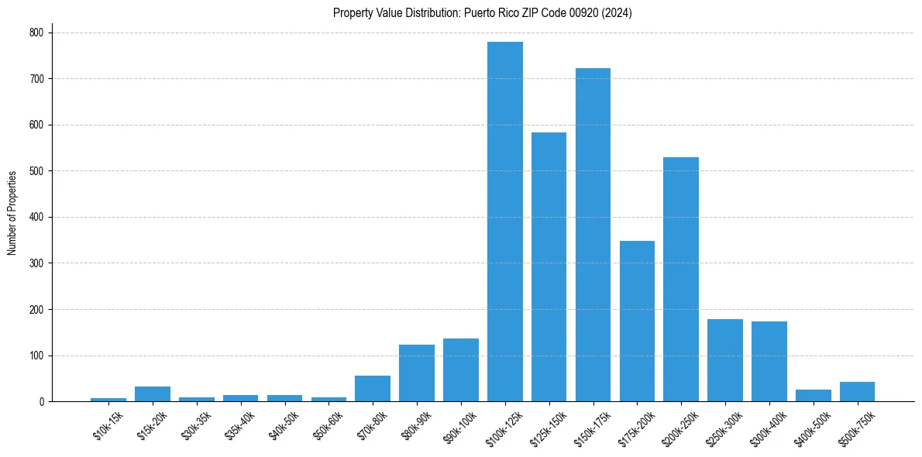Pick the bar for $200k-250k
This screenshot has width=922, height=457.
[681, 280]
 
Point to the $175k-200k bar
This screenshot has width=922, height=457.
[637, 321]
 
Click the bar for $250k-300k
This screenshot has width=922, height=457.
[725, 360]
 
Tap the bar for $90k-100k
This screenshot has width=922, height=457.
[461, 370]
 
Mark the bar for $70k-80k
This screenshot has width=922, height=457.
[373, 389]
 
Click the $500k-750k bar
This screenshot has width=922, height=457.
[857, 392]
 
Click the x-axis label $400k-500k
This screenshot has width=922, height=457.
[812, 427]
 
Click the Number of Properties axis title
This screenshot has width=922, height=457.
[12, 213]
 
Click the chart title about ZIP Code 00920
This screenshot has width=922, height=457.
[483, 13]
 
